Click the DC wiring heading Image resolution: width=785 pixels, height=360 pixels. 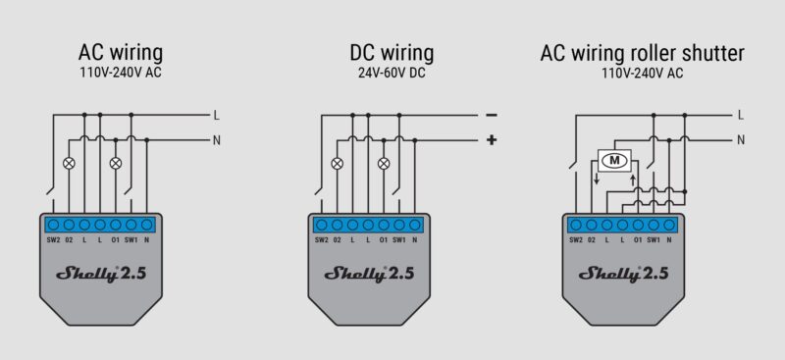(391, 52)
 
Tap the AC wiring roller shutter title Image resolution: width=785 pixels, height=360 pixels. (642, 52)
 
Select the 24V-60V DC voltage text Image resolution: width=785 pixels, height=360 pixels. (391, 72)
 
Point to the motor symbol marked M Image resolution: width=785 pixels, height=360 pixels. (615, 160)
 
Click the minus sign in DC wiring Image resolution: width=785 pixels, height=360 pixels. (491, 115)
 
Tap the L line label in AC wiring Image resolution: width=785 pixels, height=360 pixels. (216, 115)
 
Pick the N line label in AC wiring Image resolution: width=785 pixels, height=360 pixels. (216, 139)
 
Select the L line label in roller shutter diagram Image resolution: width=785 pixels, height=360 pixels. (741, 115)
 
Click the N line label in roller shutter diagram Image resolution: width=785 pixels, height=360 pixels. (741, 139)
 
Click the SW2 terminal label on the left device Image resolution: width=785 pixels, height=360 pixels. (52, 239)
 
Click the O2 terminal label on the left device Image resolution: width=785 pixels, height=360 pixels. (68, 239)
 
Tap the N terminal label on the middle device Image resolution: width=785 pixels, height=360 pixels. (417, 239)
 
